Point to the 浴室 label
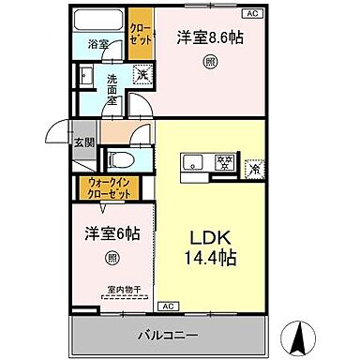[x=97, y=44]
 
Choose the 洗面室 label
[x=112, y=84]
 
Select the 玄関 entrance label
[x=83, y=142]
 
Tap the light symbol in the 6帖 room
[x=112, y=258]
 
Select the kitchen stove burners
[x=225, y=159]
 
